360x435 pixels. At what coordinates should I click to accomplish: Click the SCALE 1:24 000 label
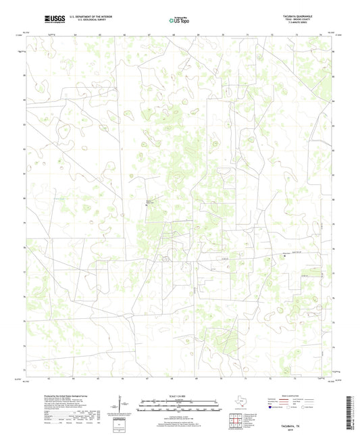pos(179,396)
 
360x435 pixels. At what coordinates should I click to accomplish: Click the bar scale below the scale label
pos(179,407)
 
